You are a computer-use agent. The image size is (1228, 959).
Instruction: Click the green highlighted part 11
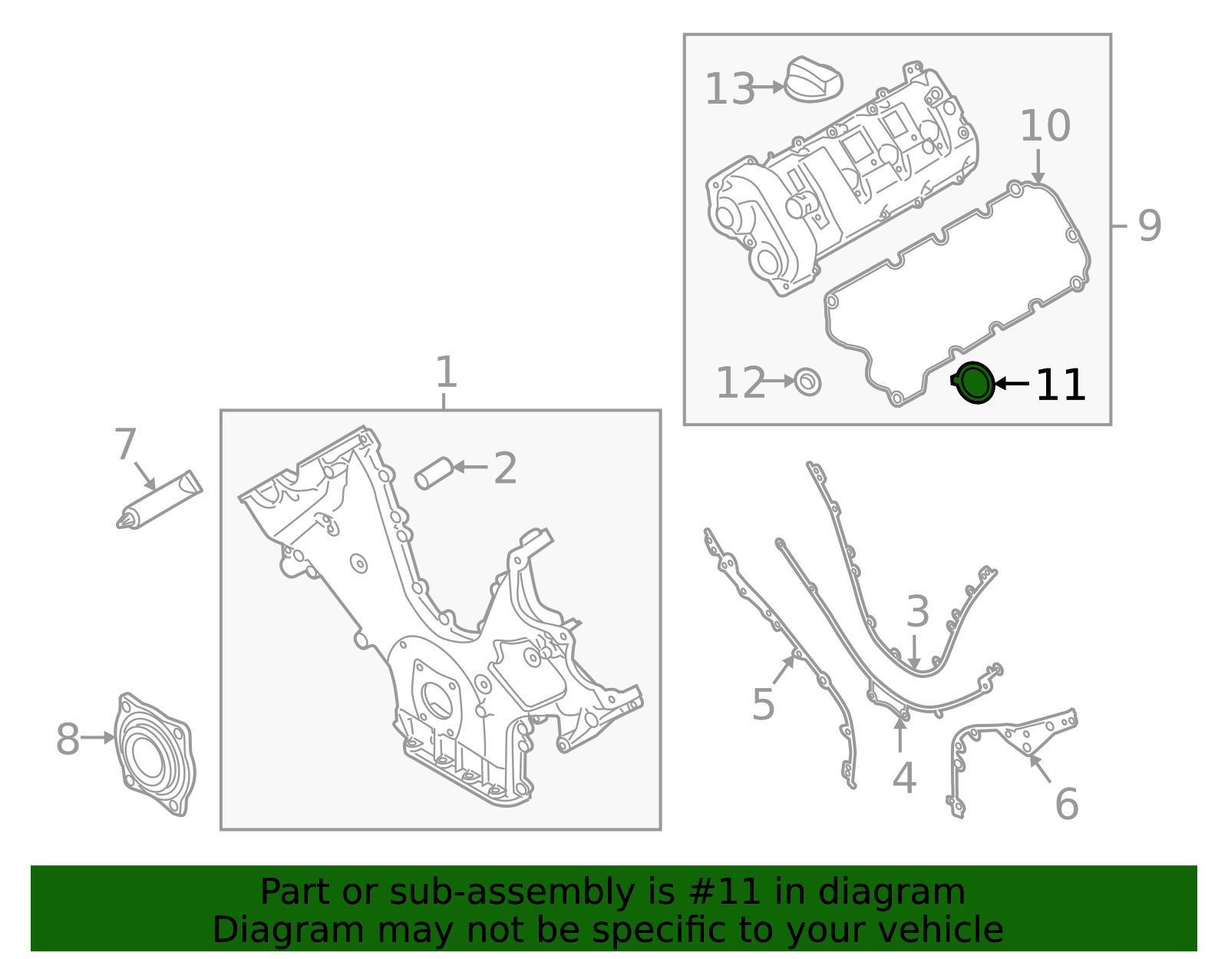[x=973, y=383]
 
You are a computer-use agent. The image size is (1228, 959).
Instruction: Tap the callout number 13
[x=729, y=89]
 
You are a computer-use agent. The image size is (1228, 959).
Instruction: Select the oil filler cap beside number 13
[x=814, y=79]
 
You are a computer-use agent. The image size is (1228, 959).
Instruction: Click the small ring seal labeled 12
[x=807, y=382]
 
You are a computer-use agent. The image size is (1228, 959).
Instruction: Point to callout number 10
[x=1045, y=125]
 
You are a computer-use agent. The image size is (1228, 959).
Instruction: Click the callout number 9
[x=1150, y=226]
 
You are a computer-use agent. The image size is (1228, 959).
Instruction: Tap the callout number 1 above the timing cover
[x=447, y=372]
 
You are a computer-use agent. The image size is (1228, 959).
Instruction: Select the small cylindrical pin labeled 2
[x=434, y=473]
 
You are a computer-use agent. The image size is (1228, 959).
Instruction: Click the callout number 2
[x=505, y=468]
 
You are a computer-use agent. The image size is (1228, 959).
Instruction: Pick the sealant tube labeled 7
[x=160, y=500]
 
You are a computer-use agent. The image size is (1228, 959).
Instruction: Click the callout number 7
[x=125, y=444]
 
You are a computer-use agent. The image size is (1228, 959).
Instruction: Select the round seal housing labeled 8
[x=155, y=754]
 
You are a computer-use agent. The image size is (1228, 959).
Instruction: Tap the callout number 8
[x=68, y=739]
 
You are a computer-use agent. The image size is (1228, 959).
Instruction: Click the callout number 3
[x=917, y=611]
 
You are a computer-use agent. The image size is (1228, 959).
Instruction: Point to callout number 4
[x=904, y=778]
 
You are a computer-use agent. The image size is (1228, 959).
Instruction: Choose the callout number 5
[x=763, y=704]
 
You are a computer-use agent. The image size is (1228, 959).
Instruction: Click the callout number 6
[x=1067, y=804]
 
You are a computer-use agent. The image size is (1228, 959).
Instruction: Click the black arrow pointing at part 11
[x=1012, y=384]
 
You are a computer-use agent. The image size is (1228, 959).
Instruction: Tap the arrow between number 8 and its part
[x=97, y=737]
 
